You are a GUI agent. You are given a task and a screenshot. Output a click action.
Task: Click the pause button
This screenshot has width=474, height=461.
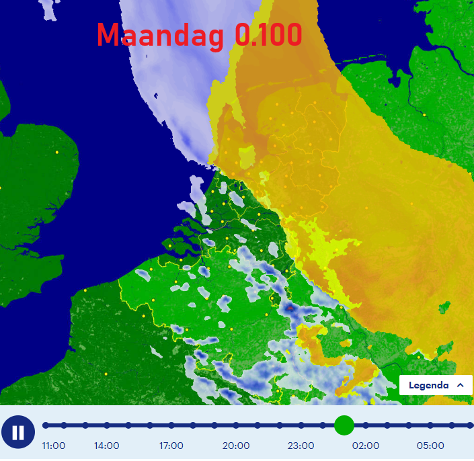(x=18, y=432)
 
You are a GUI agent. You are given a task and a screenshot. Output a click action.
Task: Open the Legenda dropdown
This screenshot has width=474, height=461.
(x=436, y=385)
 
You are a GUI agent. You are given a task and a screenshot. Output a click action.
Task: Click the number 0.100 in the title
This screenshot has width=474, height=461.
(x=268, y=35)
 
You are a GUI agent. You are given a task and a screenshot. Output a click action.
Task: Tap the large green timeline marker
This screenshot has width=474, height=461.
(x=344, y=425)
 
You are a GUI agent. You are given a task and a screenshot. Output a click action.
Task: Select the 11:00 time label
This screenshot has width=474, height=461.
(x=53, y=446)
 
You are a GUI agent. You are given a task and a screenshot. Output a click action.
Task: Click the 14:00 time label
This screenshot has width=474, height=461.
(x=106, y=446)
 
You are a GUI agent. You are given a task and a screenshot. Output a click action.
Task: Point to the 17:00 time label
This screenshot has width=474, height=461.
(x=171, y=446)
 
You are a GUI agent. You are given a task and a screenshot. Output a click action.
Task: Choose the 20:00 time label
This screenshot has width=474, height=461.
(x=236, y=446)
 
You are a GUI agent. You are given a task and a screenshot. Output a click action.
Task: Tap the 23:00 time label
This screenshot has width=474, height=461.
(x=301, y=446)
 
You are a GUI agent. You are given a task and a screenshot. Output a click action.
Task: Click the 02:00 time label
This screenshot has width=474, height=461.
(x=365, y=446)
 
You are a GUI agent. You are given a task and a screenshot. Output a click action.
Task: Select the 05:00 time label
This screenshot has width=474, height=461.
(x=430, y=446)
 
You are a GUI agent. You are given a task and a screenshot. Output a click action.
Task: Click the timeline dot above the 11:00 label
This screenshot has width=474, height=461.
(x=46, y=425)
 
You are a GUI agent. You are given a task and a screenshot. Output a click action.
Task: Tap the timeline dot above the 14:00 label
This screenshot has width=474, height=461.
(x=106, y=425)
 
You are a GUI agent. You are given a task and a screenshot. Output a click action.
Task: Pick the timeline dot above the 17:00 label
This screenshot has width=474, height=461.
(x=171, y=425)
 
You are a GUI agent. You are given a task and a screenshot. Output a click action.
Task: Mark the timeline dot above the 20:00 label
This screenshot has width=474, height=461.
(x=236, y=425)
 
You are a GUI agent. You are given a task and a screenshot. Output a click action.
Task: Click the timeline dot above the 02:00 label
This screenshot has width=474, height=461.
(x=365, y=425)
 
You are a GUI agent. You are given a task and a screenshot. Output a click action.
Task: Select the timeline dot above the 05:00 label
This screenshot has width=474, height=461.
(x=430, y=425)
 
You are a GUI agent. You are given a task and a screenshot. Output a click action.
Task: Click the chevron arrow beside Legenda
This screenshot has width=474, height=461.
(x=460, y=385)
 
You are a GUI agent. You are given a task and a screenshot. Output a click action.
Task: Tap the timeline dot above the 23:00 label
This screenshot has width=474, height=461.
(x=301, y=425)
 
